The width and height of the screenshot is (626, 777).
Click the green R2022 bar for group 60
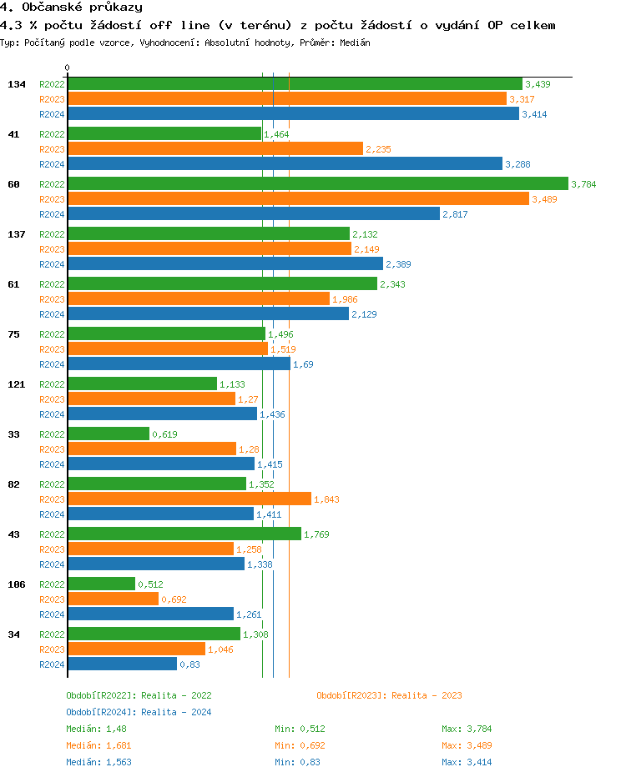tap(317, 183)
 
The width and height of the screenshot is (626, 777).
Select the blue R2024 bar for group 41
tap(285, 164)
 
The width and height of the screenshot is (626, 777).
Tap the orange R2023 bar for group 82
tap(189, 499)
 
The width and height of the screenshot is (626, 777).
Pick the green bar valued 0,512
tap(101, 584)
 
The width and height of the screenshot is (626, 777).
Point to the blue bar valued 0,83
tap(122, 664)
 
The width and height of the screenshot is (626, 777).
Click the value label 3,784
tap(583, 184)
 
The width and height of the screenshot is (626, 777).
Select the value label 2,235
tap(378, 149)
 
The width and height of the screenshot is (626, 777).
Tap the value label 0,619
tap(164, 434)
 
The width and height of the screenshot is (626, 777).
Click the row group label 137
tap(16, 234)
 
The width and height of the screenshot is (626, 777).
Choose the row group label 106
tap(16, 584)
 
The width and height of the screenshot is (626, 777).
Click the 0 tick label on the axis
tap(68, 68)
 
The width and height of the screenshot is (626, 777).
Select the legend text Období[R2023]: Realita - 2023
tap(389, 695)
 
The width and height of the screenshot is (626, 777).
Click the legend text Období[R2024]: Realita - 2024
tap(139, 712)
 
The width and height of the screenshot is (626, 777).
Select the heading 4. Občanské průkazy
tap(71, 8)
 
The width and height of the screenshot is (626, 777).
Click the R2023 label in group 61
tap(53, 299)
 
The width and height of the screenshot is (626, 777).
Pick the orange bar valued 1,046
tap(136, 649)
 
